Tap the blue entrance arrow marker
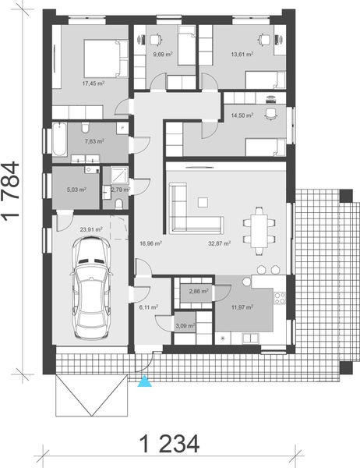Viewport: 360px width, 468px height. pyautogui.click(x=143, y=380)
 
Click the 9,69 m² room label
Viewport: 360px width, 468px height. pyautogui.click(x=162, y=55)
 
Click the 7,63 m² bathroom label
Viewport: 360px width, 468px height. pyautogui.click(x=83, y=142)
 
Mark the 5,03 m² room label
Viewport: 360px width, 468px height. pyautogui.click(x=76, y=188)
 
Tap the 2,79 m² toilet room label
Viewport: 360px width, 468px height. pyautogui.click(x=120, y=188)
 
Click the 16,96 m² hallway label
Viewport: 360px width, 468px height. pyautogui.click(x=150, y=243)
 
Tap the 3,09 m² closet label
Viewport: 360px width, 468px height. pyautogui.click(x=185, y=325)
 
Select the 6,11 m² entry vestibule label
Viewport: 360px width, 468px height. pyautogui.click(x=148, y=307)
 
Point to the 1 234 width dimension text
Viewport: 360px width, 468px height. pyautogui.click(x=170, y=444)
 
